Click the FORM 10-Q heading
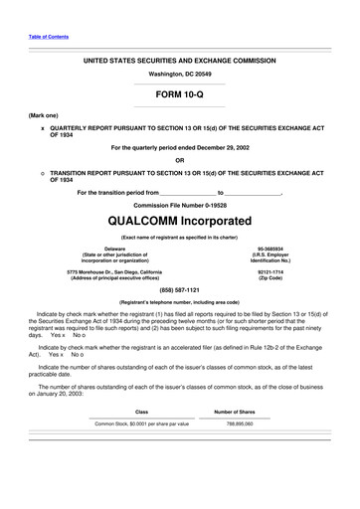pyautogui.click(x=179, y=94)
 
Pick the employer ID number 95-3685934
pyautogui.click(x=270, y=249)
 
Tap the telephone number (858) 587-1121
pyautogui.click(x=179, y=292)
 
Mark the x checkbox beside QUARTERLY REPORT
pyautogui.click(x=42, y=128)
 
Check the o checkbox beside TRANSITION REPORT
pyautogui.click(x=42, y=172)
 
